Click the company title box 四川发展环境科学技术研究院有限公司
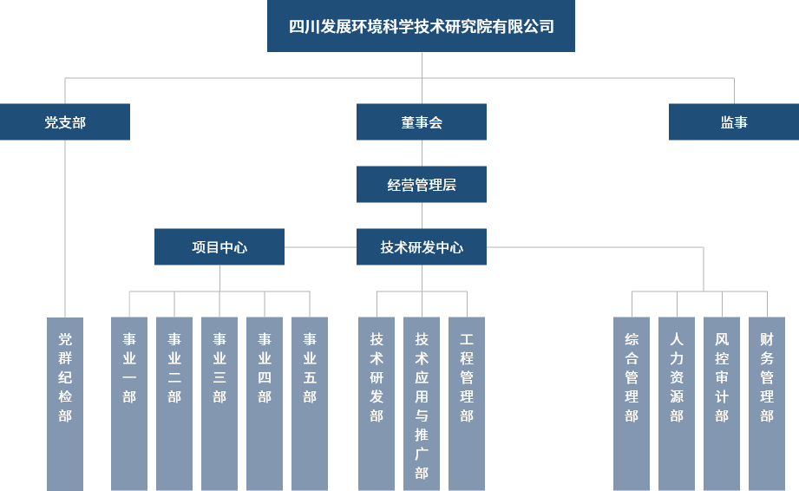(x=421, y=26)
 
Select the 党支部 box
(x=65, y=122)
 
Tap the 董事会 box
(x=422, y=122)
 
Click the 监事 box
(x=734, y=122)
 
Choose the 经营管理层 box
(x=422, y=185)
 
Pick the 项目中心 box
(x=219, y=247)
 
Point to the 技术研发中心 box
(x=422, y=247)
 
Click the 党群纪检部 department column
(x=65, y=403)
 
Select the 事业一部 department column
(x=129, y=403)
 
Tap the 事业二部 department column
(x=174, y=403)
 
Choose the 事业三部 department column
(x=219, y=403)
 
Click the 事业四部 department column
(x=265, y=403)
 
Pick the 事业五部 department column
(x=310, y=403)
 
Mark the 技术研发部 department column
(x=377, y=403)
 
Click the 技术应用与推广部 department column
(x=422, y=403)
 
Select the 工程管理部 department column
(x=467, y=403)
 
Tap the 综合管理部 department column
(x=632, y=403)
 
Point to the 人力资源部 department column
(x=677, y=403)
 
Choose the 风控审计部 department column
(x=722, y=403)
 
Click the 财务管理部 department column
(x=767, y=403)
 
